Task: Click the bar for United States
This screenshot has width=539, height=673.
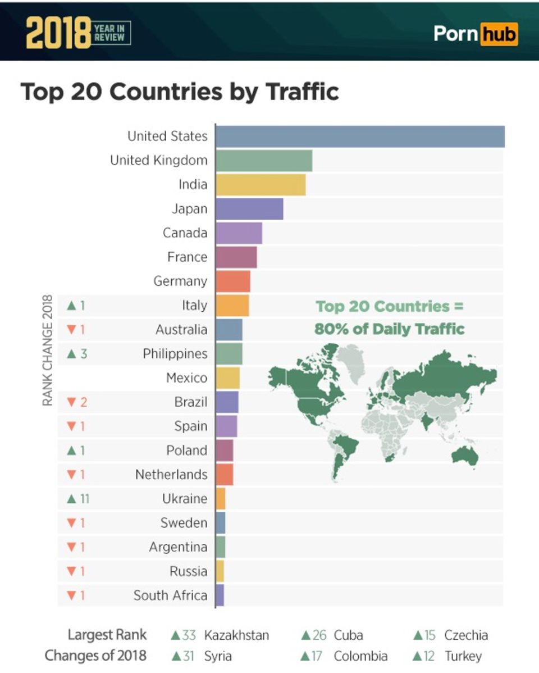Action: pos(359,137)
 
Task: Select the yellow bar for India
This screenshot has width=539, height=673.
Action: pos(261,185)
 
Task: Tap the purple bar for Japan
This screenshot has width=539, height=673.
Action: pos(249,209)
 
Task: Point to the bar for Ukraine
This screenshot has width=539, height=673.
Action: pos(221,499)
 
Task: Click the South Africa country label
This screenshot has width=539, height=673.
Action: pos(170,595)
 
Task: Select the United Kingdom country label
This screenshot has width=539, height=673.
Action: pos(158,161)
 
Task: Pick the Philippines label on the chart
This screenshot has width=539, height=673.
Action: pos(175,354)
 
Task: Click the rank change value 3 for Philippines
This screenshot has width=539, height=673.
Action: pos(83,354)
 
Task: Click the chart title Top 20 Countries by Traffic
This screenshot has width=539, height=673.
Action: pos(180,92)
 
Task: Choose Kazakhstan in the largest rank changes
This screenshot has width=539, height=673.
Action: pos(236,635)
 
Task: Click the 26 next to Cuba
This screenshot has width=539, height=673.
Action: pos(319,635)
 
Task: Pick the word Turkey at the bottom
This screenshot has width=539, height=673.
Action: pos(463,656)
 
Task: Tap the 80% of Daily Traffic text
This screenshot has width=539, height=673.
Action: pos(389,329)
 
